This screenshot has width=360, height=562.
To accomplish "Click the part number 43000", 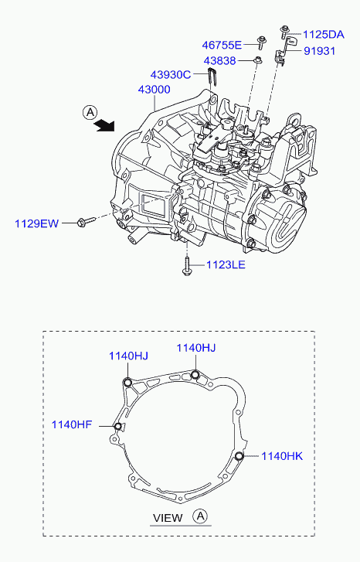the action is tap(154, 89).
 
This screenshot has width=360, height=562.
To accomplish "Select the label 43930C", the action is tap(171, 74).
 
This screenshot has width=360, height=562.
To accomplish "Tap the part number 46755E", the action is tap(222, 45).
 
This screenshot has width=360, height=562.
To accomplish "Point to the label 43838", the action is tap(220, 60).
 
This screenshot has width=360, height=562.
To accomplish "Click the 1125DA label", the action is tap(324, 35).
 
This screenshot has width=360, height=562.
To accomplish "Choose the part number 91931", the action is tap(320, 51).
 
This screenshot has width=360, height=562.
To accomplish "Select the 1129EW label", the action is tap(36, 223).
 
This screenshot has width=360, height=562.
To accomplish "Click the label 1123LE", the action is tap(226, 265).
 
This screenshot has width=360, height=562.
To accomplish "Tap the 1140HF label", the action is tap(72, 424).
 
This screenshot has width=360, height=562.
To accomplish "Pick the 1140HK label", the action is tap(282, 456).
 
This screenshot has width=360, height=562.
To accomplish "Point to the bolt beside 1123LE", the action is tap(187, 266).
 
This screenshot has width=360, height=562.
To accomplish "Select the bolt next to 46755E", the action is tap(261, 43).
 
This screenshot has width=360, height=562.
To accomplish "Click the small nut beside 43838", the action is tap(258, 60).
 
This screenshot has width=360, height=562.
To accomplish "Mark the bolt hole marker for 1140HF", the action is tap(117, 426).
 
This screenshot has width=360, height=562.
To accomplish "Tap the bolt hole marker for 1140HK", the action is tap(239, 456).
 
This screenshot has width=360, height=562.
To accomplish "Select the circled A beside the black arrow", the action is tap(90, 113).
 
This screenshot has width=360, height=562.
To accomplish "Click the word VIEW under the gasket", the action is tap(168, 518).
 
